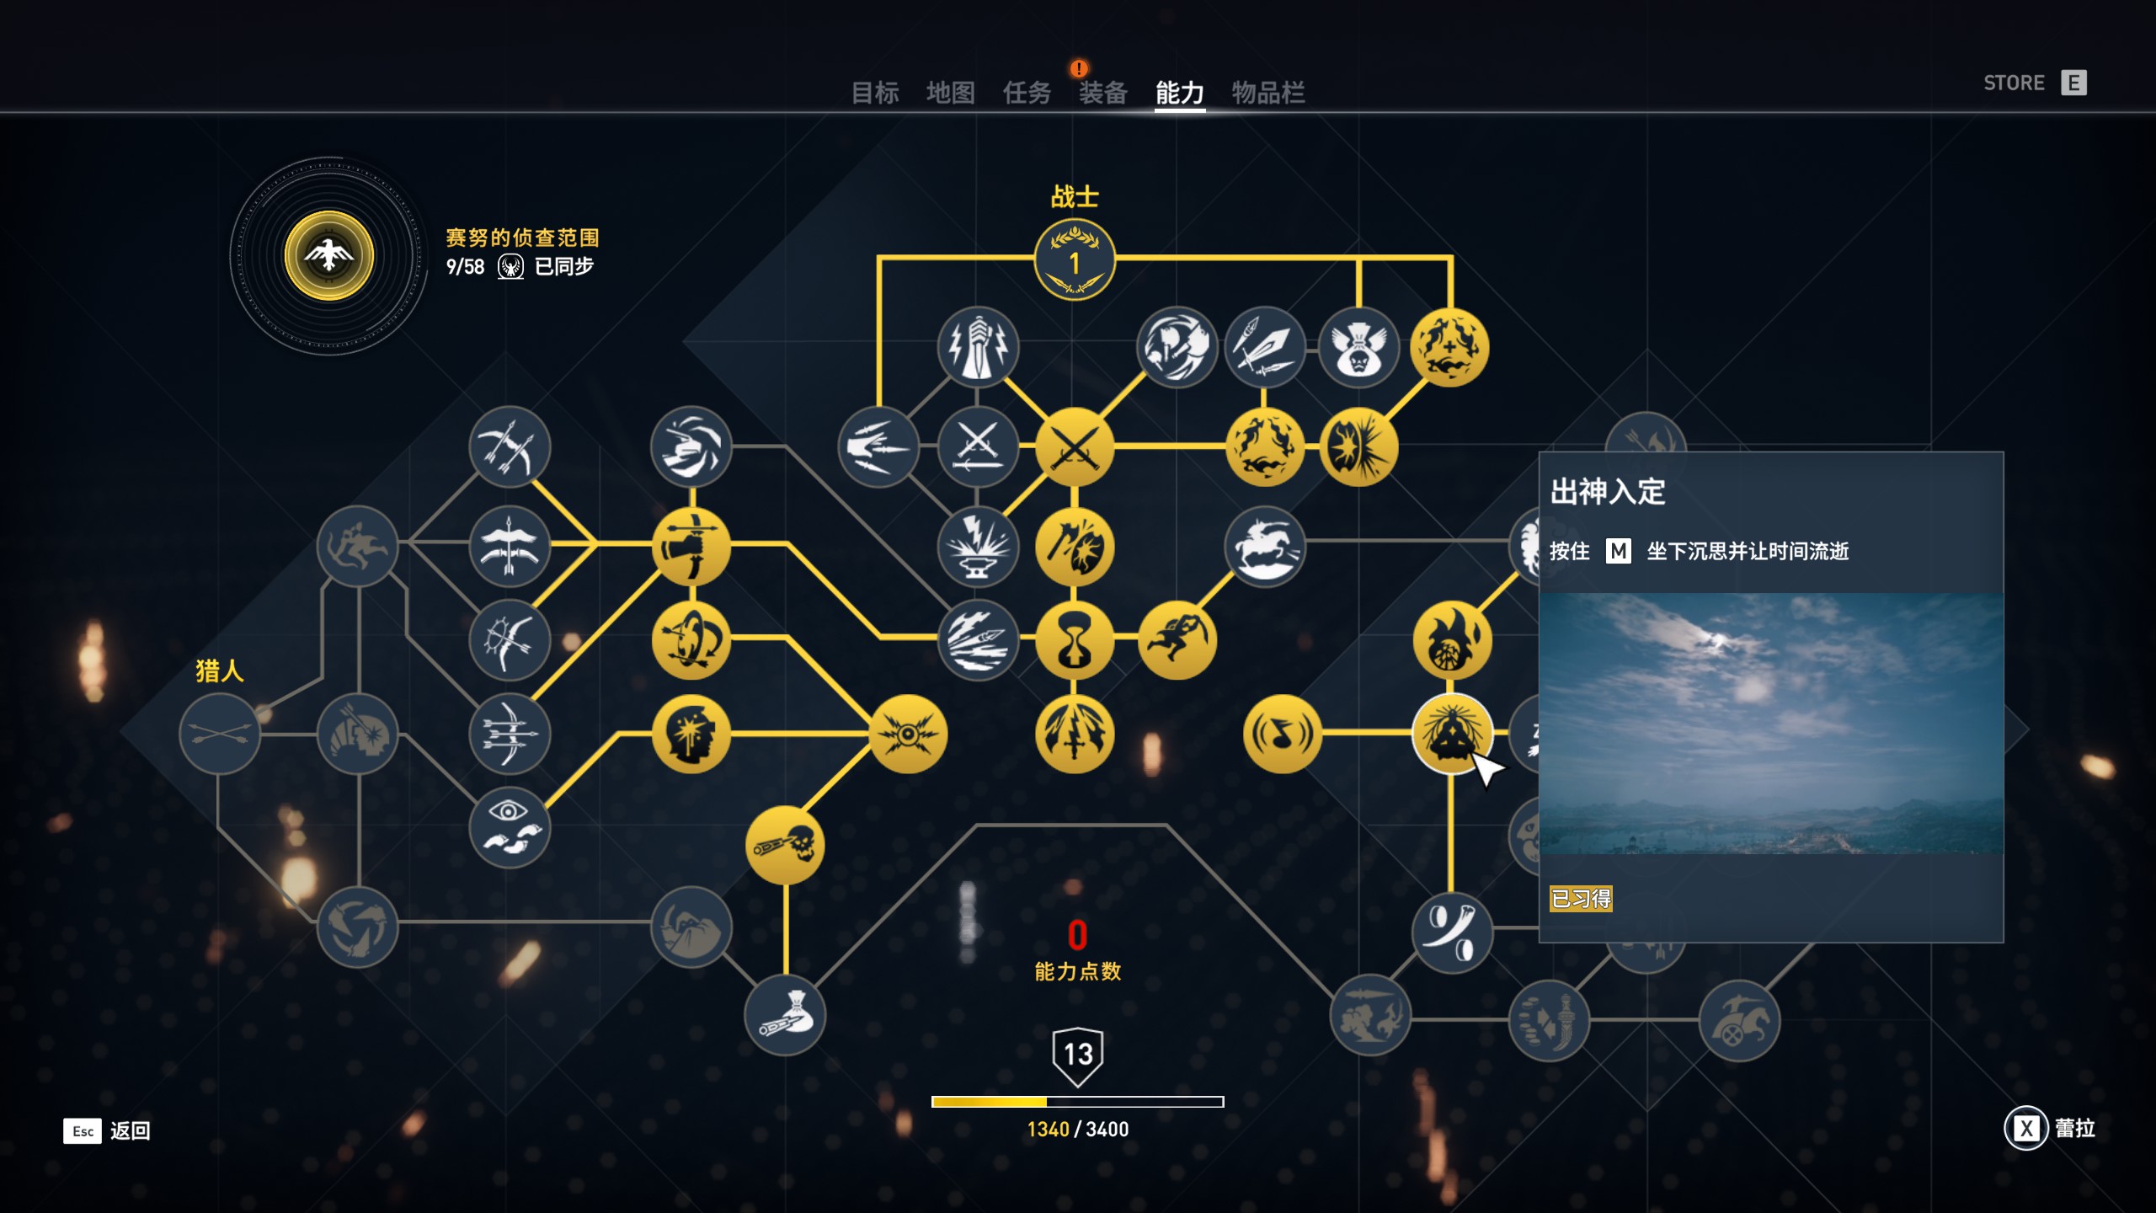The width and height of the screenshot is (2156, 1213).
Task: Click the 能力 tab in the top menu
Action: pyautogui.click(x=1179, y=93)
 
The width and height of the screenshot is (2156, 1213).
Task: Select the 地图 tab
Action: pyautogui.click(x=951, y=93)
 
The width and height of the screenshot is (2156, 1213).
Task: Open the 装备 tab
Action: pyautogui.click(x=1102, y=93)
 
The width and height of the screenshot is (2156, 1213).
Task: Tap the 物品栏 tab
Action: pyautogui.click(x=1268, y=93)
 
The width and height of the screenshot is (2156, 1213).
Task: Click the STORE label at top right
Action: pyautogui.click(x=2014, y=83)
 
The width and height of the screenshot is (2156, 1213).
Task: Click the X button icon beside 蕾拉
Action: pyautogui.click(x=2026, y=1128)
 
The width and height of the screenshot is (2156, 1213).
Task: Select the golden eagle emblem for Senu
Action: pyautogui.click(x=329, y=256)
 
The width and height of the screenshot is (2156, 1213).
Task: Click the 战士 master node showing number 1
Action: pyautogui.click(x=1075, y=260)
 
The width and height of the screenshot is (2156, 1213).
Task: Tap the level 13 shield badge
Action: pyautogui.click(x=1078, y=1055)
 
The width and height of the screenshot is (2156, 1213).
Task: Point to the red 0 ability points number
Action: pyautogui.click(x=1077, y=936)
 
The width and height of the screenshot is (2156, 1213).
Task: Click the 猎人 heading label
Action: pyautogui.click(x=220, y=671)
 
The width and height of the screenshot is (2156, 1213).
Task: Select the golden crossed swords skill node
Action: pyautogui.click(x=1075, y=447)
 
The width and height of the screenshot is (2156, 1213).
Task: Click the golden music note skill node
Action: pyautogui.click(x=1282, y=734)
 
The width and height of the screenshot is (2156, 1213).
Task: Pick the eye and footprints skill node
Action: pyautogui.click(x=510, y=827)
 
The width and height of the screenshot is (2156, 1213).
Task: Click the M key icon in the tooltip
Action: pyautogui.click(x=1618, y=551)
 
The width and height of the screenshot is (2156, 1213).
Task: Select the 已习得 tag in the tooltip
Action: pyautogui.click(x=1581, y=899)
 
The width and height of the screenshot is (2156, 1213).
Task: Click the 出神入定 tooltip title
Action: pyautogui.click(x=1608, y=492)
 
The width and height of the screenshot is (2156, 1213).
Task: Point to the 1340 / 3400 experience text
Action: pyautogui.click(x=1077, y=1130)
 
